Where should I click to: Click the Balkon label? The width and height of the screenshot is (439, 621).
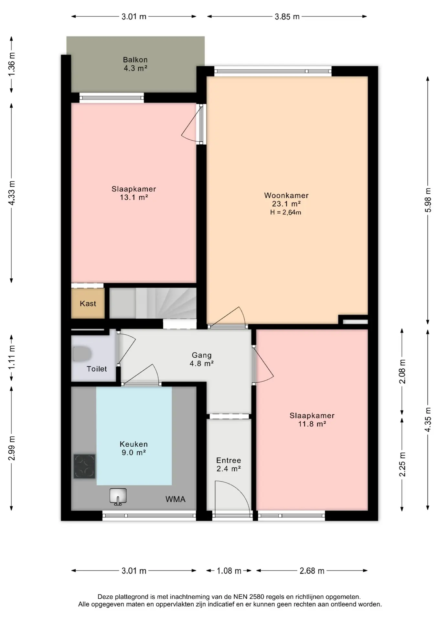point(135,60)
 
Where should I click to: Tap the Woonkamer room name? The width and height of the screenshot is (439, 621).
point(286,195)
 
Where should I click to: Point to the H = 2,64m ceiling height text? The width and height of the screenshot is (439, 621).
point(286,212)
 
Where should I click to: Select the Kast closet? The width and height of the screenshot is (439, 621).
point(88,303)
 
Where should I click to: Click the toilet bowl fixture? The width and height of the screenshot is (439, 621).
point(81,354)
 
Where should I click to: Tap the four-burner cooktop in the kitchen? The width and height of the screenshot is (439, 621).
point(84,466)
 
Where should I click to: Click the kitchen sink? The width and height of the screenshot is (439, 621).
point(118,496)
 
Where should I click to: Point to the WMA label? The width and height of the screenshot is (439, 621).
point(176,499)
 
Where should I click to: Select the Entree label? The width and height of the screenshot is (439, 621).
point(229,460)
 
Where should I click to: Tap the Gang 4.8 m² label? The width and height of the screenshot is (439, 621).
point(202,359)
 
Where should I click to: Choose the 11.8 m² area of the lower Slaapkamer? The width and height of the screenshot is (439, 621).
point(312,424)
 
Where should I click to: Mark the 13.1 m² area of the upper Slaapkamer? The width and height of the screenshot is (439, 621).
point(134,197)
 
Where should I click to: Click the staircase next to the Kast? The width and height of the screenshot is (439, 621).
point(153,303)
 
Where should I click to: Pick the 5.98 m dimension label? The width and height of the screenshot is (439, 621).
point(428,200)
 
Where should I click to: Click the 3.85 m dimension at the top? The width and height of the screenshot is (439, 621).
point(287,17)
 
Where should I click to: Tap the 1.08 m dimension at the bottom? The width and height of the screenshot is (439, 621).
point(229,571)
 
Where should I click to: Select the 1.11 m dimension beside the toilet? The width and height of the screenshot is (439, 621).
point(12,357)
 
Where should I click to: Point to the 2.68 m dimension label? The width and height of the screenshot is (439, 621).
point(312,571)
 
